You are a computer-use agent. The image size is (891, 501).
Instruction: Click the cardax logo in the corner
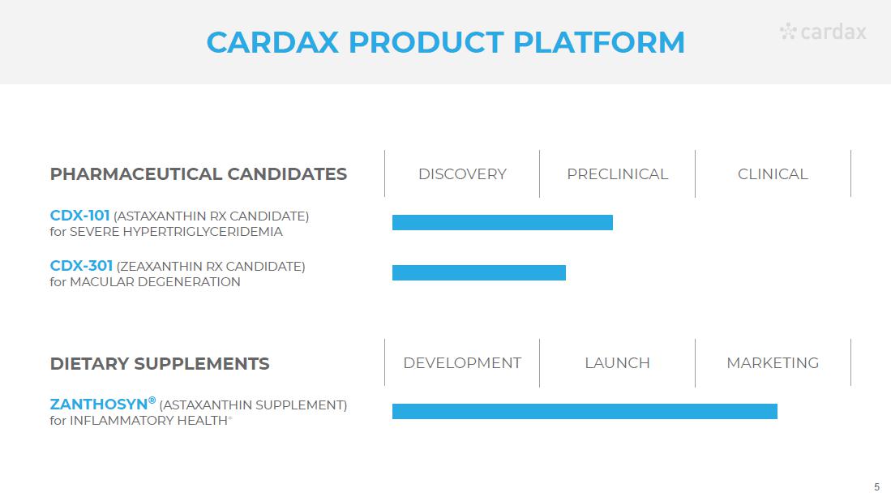coord(823,32)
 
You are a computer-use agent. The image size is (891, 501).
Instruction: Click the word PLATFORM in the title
coord(599,43)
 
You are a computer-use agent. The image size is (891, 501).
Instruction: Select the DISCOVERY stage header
coord(462,174)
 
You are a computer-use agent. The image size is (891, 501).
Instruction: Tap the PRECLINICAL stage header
coord(617,174)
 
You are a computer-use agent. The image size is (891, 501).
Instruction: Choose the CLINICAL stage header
coord(773,174)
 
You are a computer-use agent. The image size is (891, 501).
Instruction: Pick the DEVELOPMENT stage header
coord(462,363)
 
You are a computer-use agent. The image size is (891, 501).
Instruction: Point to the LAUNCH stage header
coord(617,363)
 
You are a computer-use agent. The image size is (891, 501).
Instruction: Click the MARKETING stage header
coord(773,363)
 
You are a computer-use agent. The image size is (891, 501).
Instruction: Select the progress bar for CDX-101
coord(503,223)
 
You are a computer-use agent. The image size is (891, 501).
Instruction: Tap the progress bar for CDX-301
coord(479,272)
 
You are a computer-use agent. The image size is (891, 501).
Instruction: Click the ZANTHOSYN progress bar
coord(585,411)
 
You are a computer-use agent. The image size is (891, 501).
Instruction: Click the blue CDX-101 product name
coord(79,216)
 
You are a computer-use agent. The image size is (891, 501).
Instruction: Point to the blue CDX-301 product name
coord(81,266)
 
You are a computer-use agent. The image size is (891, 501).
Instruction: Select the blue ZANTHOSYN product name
coord(99,405)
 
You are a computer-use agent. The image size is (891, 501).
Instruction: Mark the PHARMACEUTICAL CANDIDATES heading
coord(199,174)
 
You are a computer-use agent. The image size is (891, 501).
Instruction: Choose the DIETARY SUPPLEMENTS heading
coord(160,363)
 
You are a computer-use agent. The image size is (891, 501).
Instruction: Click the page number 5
coord(876,487)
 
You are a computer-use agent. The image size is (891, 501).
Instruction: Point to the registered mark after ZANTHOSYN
coord(152,400)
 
